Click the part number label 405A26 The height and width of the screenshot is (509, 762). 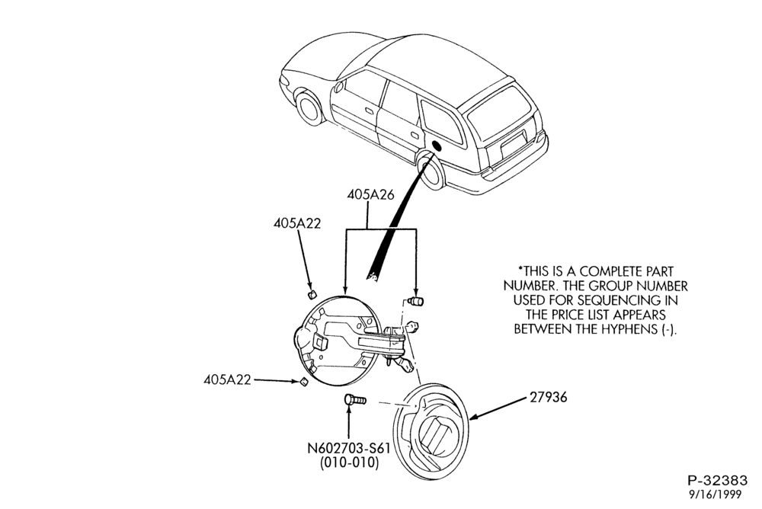[370, 194]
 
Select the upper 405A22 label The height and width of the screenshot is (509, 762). [297, 223]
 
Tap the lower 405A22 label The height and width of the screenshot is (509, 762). [227, 379]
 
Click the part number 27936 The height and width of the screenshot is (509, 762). [548, 397]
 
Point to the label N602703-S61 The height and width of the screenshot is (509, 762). [349, 447]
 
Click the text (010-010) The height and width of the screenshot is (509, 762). [349, 463]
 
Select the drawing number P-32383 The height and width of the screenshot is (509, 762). [717, 481]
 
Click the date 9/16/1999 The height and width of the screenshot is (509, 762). [716, 495]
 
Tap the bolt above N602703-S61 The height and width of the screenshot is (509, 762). [355, 400]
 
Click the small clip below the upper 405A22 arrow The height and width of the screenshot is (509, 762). [312, 293]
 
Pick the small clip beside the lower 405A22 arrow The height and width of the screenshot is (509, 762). [303, 383]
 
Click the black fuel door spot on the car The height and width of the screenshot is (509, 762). [436, 146]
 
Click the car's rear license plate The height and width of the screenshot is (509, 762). [514, 144]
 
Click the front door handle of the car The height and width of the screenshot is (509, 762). [369, 111]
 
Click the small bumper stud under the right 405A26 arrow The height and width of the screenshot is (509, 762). [417, 302]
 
